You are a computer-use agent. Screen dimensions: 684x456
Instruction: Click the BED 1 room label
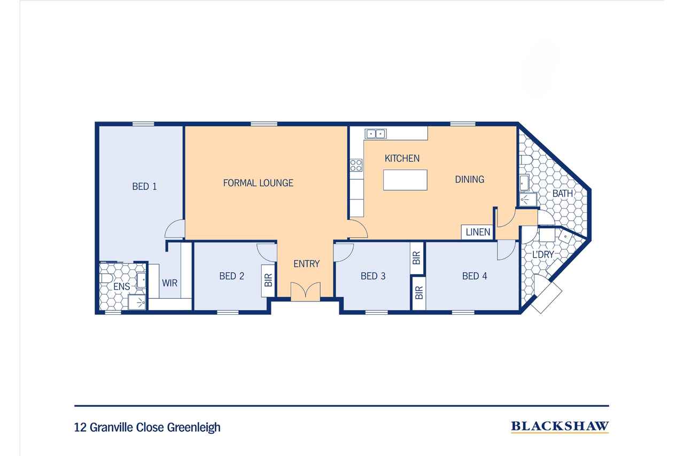(x=144, y=187)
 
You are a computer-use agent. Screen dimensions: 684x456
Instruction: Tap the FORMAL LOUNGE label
(x=258, y=183)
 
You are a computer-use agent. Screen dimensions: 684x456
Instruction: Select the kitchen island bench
(x=405, y=180)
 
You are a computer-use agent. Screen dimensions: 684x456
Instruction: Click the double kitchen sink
(x=376, y=134)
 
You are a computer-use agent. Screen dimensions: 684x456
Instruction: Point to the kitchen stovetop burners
(x=356, y=165)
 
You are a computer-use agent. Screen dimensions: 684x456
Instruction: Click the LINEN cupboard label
(x=478, y=232)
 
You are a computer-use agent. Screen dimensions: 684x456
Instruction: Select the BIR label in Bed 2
(x=268, y=280)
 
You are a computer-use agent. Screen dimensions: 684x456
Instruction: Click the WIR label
(x=169, y=283)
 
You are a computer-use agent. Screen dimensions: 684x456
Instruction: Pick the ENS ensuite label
(x=121, y=286)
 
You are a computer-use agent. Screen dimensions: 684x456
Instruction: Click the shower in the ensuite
(x=137, y=303)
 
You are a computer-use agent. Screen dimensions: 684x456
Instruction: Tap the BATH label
(x=563, y=194)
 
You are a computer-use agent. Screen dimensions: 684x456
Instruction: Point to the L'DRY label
(x=543, y=254)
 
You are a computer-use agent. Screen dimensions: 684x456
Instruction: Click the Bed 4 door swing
(x=506, y=250)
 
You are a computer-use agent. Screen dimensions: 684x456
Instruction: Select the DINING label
(x=469, y=179)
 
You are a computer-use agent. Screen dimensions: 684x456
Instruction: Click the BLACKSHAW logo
(x=559, y=427)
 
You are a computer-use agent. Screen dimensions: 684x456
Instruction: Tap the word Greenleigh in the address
(x=193, y=427)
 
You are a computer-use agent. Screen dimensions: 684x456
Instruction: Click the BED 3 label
(x=373, y=276)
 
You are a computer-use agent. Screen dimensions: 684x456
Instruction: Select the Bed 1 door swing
(x=175, y=229)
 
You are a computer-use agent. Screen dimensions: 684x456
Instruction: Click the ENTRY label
(x=306, y=264)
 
